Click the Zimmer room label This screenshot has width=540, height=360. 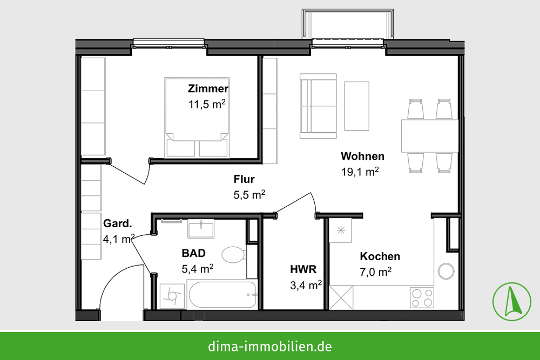click(x=208, y=89)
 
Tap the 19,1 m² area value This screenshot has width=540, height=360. click(x=360, y=172)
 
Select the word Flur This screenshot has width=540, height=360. click(x=244, y=179)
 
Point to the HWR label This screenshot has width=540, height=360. click(x=303, y=269)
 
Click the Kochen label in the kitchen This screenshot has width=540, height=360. click(x=380, y=256)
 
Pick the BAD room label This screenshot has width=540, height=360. click(x=193, y=253)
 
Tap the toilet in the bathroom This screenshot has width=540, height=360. click(x=234, y=255)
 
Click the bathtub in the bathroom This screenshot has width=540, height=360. click(x=222, y=295)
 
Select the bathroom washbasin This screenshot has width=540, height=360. click(x=201, y=228)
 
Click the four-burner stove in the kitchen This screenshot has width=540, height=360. click(x=422, y=298)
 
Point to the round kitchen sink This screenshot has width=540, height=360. click(x=446, y=271)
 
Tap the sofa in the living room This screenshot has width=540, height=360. click(x=318, y=106)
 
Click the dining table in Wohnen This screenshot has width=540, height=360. click(x=429, y=136)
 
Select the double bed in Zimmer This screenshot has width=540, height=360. click(x=197, y=118)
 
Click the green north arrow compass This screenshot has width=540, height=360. click(x=512, y=302)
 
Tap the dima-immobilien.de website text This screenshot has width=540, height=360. click(x=270, y=346)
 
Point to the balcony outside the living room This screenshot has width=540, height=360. click(x=348, y=24)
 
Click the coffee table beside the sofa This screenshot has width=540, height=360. click(x=357, y=106)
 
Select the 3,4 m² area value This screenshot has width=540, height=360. click(x=306, y=285)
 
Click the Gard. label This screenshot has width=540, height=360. click(x=117, y=223)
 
